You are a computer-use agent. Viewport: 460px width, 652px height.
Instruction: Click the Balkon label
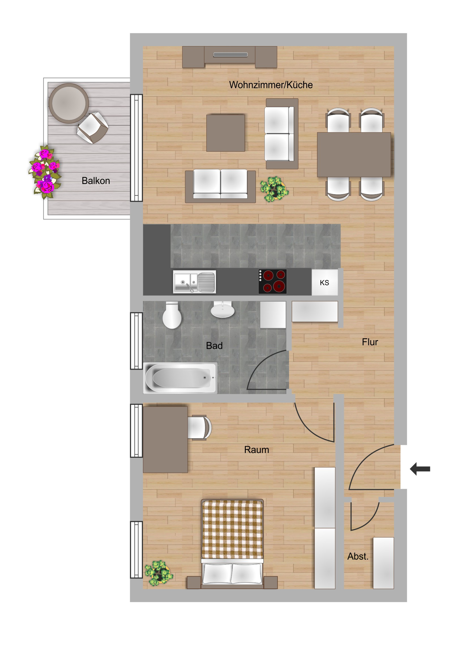pos(96,181)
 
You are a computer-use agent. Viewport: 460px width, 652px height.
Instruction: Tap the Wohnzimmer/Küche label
pos(271,85)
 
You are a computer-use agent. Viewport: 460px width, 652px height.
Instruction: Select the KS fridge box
pos(325,282)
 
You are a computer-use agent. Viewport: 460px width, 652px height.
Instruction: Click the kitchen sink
pos(194,282)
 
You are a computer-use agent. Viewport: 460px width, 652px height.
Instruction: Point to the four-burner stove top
pos(273,281)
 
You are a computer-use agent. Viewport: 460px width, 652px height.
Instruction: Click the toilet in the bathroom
pos(172,315)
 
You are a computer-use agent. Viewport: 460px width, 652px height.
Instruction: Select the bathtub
pos(180,378)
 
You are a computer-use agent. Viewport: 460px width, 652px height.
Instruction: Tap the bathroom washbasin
pos(222,310)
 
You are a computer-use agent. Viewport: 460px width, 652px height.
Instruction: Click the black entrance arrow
pos(420,469)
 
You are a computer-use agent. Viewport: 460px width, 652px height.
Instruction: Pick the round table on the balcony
pos(69,103)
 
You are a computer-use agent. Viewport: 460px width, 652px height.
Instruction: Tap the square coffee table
pos(225,133)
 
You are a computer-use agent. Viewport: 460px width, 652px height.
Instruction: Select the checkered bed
pos(232,544)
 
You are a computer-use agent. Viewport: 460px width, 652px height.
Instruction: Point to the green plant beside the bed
pos(159,573)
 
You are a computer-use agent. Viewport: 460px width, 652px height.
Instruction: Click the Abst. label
pos(358,556)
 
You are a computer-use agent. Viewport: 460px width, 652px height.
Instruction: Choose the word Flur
pos(370,342)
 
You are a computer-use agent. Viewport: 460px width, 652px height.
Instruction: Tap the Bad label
pos(214,346)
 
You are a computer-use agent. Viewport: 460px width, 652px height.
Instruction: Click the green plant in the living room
pos(274,189)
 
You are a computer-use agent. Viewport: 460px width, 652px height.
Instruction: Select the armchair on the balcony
pos(93,128)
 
